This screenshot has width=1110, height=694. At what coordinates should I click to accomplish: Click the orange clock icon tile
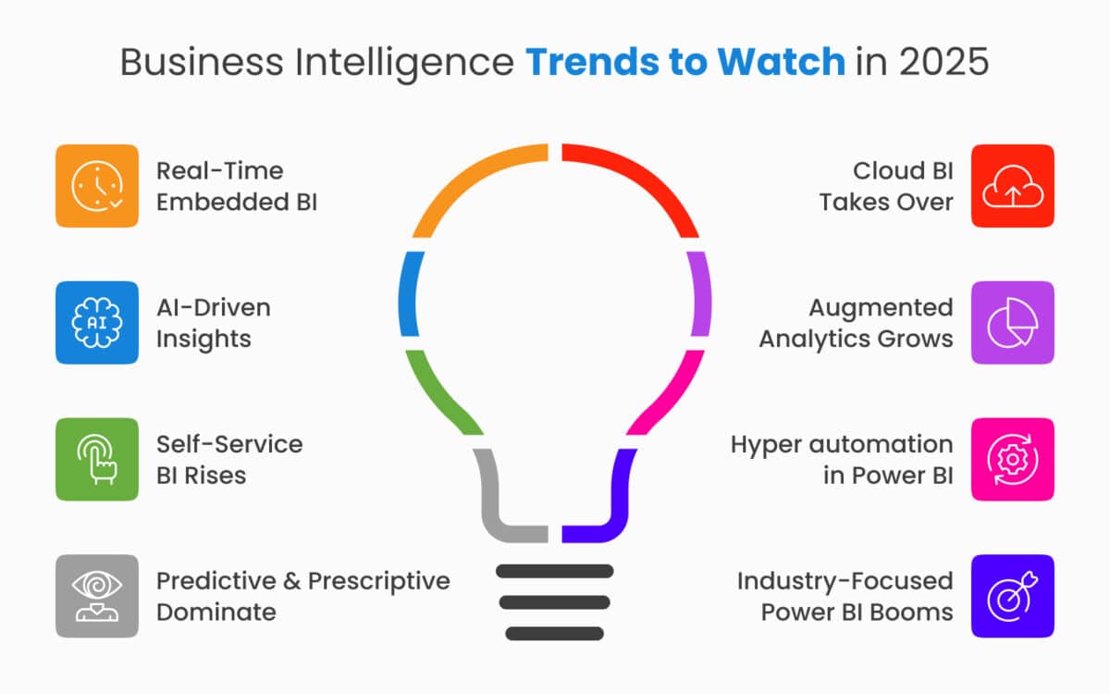coord(96,186)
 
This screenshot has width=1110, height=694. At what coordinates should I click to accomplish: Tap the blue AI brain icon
coord(96,323)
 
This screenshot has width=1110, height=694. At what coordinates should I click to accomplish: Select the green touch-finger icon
coord(96,460)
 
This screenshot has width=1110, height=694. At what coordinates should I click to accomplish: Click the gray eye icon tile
coord(96,596)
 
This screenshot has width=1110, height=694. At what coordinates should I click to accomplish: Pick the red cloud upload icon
coord(1012,186)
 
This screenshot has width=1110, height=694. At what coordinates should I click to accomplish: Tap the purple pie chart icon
coord(1012,323)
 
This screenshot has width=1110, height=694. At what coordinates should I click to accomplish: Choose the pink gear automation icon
coord(1012,460)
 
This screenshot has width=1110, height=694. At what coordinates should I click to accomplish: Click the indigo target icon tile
coord(1012,596)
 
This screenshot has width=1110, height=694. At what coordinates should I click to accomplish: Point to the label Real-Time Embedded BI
coord(236,186)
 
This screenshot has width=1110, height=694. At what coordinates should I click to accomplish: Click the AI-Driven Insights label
coord(213,323)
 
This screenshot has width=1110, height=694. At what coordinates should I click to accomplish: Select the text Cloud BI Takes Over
coord(886,186)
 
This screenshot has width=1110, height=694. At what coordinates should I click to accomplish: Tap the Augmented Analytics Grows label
coord(856,323)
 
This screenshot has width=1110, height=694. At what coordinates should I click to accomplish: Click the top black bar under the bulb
coord(555,571)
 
